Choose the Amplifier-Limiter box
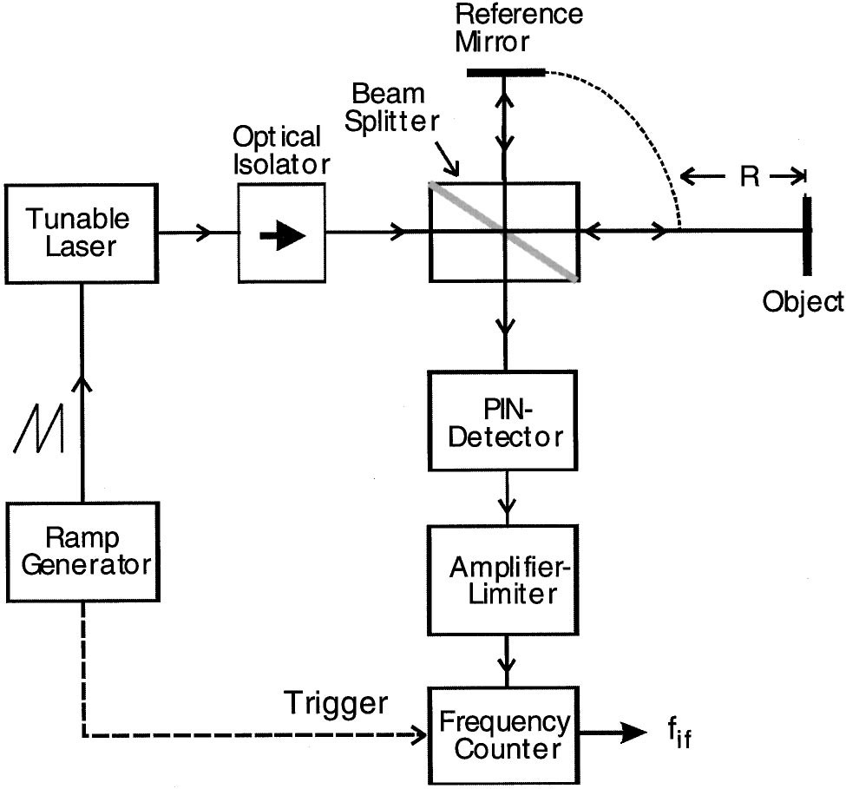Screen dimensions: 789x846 point(502,579)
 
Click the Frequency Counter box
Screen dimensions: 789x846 point(502,734)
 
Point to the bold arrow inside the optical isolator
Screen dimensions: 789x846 point(282,237)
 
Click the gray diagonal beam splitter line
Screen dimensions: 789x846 point(503,232)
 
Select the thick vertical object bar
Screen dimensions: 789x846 point(807,232)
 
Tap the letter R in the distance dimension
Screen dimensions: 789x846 point(749,177)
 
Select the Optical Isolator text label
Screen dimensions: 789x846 point(279,150)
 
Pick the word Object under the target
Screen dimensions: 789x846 point(803,301)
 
